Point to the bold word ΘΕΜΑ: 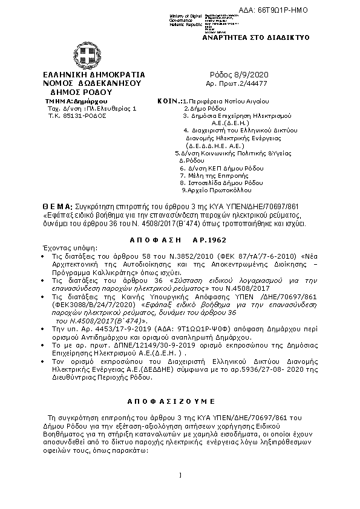pyautogui.click(x=57, y=207)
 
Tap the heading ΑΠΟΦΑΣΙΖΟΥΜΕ pyautogui.click(x=180, y=401)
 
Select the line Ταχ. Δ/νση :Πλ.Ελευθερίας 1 pyautogui.click(x=83, y=108)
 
